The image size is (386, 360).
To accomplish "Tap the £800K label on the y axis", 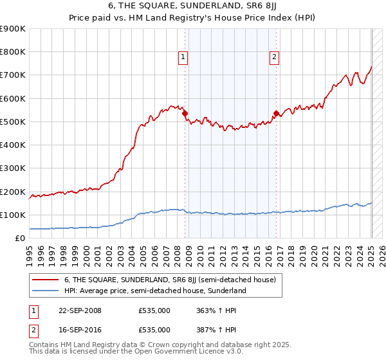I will pos(13,52).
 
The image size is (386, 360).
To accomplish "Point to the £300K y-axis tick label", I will pos(13,168).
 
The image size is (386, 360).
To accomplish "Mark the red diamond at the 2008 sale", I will pos(185,114).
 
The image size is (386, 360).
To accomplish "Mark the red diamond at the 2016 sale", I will pos(276,114).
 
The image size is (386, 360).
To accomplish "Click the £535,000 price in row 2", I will pos(154,330).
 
